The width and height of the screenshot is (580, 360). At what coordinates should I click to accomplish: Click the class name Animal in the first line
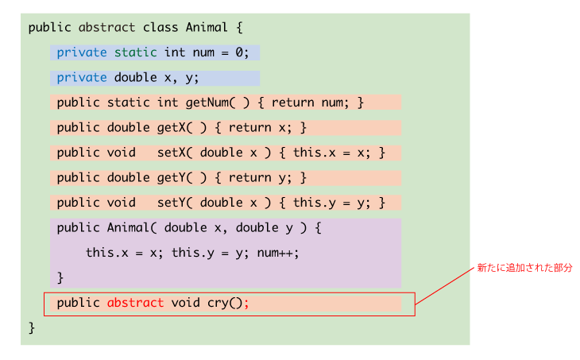[x=207, y=27]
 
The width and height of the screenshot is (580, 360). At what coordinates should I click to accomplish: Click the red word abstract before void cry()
[x=135, y=303]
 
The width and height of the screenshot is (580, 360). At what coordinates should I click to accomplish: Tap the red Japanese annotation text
[x=524, y=268]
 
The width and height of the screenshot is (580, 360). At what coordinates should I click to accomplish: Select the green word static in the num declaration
[x=135, y=52]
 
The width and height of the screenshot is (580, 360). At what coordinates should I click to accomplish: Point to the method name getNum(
[x=210, y=103]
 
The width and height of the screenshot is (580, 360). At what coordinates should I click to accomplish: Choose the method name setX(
[x=175, y=153]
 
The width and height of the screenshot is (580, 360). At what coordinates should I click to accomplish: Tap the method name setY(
[x=175, y=203]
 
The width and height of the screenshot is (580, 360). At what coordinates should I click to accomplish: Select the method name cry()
[x=225, y=303]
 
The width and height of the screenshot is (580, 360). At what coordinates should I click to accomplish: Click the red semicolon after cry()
[x=247, y=304]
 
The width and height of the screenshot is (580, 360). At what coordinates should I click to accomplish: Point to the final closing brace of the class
[x=32, y=327]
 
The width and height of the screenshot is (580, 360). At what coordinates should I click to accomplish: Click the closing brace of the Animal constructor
[x=60, y=278]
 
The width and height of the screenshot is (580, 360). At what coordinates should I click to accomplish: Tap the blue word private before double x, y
[x=82, y=78]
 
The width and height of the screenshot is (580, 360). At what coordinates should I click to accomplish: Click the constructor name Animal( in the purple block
[x=132, y=227]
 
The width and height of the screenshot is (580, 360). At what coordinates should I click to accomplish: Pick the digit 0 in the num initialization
[x=239, y=52]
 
